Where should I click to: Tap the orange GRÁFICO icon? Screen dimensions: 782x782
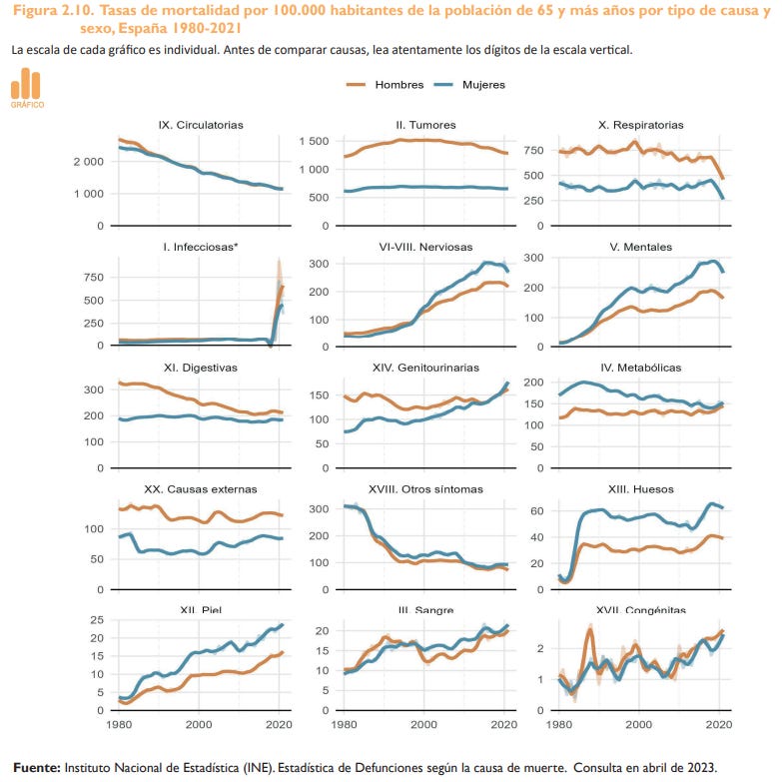click(27, 88)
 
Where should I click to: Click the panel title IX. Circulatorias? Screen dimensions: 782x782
click(201, 125)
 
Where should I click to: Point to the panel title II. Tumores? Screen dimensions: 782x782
click(425, 125)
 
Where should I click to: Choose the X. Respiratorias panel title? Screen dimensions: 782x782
click(642, 125)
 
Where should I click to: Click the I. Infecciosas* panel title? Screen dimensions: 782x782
click(201, 247)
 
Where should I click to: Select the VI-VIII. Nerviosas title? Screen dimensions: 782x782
click(425, 247)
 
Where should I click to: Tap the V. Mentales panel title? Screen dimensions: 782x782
click(642, 247)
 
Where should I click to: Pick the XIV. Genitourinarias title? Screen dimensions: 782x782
click(425, 368)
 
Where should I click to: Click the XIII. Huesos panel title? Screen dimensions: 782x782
click(642, 488)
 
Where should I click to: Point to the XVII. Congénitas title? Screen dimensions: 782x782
click(642, 610)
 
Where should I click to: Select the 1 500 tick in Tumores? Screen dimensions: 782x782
click(315, 141)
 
